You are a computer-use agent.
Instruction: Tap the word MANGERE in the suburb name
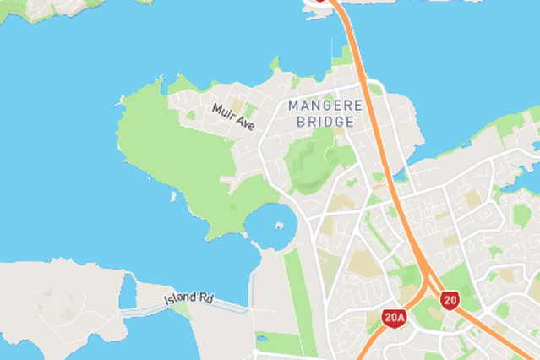pyautogui.click(x=325, y=106)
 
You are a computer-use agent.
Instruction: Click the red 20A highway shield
pyautogui.click(x=395, y=318)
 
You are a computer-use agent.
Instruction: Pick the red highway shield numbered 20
pyautogui.click(x=450, y=300)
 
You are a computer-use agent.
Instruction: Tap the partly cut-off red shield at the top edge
pyautogui.click(x=320, y=2)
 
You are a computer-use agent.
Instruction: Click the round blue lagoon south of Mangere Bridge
pyautogui.click(x=272, y=226)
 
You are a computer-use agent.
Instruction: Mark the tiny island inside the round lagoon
pyautogui.click(x=279, y=226)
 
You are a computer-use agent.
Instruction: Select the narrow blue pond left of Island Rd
pyautogui.click(x=128, y=292)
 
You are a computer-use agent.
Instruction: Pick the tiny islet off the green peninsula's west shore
pyautogui.click(x=172, y=197)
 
